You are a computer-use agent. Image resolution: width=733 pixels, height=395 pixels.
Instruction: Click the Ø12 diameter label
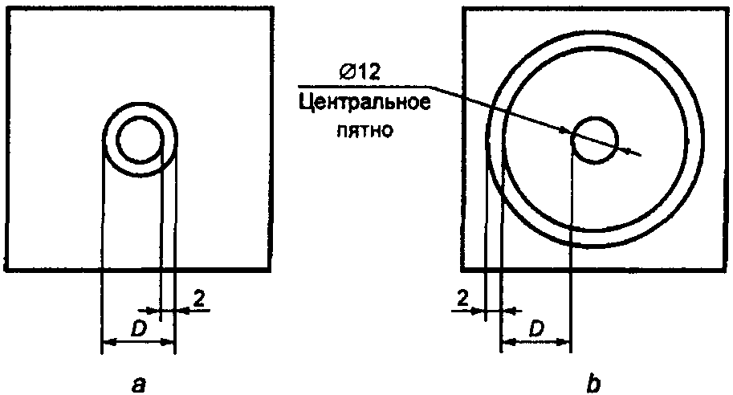[360, 73]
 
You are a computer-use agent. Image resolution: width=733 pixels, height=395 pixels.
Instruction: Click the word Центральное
[364, 103]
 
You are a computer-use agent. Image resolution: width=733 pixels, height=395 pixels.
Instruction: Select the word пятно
[365, 130]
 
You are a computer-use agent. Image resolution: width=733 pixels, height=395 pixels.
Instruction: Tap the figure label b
[593, 383]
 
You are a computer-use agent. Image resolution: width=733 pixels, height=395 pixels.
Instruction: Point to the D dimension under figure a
[138, 329]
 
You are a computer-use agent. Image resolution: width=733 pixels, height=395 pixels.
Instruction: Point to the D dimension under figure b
[536, 329]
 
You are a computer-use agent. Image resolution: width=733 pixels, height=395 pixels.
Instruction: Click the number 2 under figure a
[198, 299]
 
